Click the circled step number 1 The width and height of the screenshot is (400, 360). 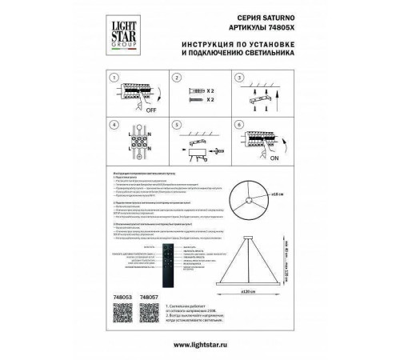point(114,78)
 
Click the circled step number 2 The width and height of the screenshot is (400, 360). point(175,78)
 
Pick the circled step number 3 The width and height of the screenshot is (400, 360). point(237,78)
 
